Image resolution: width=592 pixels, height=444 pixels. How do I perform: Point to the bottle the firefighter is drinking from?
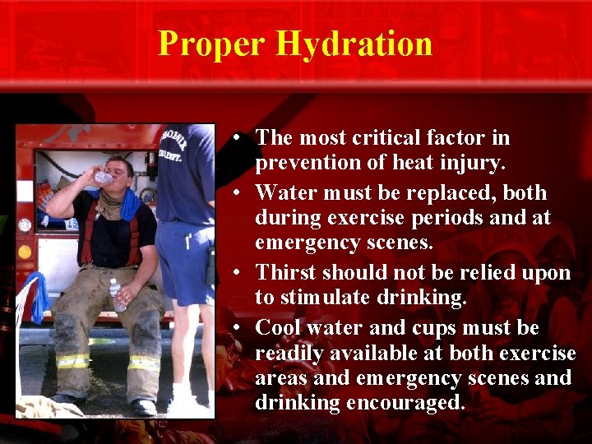coord(104,177)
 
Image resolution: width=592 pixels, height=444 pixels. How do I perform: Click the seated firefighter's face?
coord(120,175)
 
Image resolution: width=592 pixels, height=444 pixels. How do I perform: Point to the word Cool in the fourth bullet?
coord(279,328)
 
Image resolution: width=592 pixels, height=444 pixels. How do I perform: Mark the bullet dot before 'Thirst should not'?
coord(235,273)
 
